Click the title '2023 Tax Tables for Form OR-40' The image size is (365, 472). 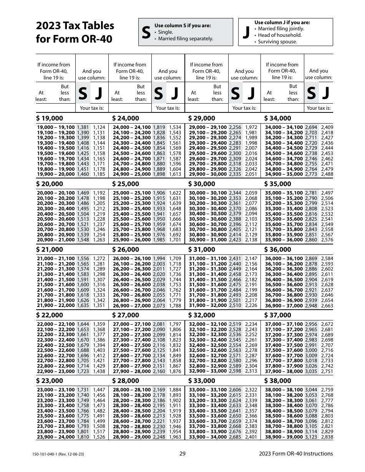(75, 32)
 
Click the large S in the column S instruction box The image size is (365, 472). (146, 33)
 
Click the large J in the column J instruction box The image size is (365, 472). (246, 33)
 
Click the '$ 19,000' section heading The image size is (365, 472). (50, 118)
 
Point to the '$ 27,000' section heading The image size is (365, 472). (126, 315)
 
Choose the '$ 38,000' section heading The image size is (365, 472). (278, 381)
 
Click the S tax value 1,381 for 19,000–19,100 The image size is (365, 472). (83, 127)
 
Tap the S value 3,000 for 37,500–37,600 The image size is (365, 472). (311, 350)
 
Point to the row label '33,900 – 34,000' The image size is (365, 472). (207, 437)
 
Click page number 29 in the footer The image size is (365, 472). (182, 454)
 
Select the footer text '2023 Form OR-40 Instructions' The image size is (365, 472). (296, 454)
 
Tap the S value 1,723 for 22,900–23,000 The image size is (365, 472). (83, 371)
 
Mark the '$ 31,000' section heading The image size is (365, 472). (202, 249)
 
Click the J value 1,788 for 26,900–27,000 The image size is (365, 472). (175, 305)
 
